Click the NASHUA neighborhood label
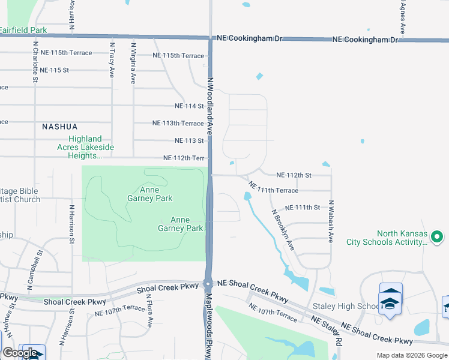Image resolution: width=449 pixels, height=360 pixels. pos(60,127)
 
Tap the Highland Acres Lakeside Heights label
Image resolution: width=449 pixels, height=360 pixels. pos(85,147)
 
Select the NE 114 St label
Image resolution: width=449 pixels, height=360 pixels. pos(189,106)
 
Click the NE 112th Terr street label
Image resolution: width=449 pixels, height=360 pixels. pos(184,158)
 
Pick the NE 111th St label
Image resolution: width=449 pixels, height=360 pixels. pos(302,208)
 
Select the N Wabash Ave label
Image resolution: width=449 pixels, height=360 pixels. pos(330,221)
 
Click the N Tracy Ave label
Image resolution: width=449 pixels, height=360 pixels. pos(112,60)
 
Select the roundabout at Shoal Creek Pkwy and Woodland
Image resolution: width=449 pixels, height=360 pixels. pos(208,284)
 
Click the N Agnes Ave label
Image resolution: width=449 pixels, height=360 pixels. pos(402,17)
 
